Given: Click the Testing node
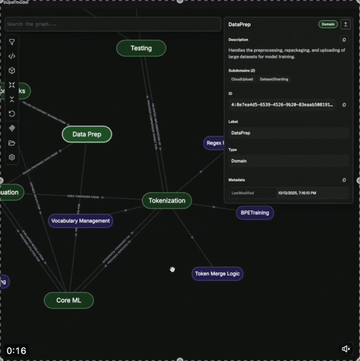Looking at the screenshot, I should [x=141, y=48].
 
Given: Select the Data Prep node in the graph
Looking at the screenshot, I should [x=87, y=135].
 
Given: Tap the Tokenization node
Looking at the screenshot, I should [x=167, y=201].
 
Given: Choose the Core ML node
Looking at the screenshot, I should [x=69, y=300].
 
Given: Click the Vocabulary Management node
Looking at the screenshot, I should [x=80, y=220].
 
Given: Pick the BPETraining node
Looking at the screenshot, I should [x=253, y=213].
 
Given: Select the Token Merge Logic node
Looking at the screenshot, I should [x=217, y=274].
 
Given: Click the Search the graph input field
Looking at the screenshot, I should [x=113, y=24].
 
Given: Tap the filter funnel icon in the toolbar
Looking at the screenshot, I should [x=12, y=42].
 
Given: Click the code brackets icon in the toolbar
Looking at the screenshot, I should [x=12, y=56].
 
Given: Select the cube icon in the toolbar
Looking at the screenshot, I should [x=12, y=71].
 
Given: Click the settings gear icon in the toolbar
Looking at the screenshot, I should [x=12, y=157].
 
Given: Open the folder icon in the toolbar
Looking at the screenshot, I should [x=12, y=143].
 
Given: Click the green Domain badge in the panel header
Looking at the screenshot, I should [x=328, y=24].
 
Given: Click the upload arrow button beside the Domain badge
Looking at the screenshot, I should [x=345, y=24].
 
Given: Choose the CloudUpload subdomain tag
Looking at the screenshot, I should [x=242, y=79].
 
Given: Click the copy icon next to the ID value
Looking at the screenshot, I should [x=344, y=105].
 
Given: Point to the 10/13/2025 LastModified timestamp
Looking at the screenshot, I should [x=296, y=193].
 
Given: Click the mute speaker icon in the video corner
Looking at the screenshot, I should [x=346, y=349].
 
